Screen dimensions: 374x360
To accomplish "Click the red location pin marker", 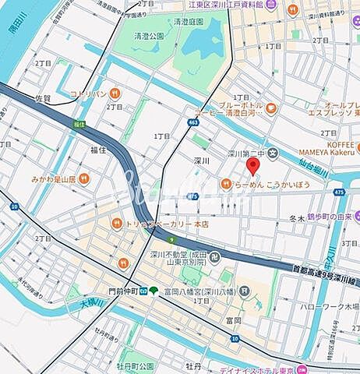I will (251, 167).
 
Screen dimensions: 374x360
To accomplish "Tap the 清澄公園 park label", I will (148, 36).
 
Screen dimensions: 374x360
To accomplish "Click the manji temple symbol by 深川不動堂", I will (216, 256).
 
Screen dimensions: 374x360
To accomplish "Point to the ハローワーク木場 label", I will (329, 306).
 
